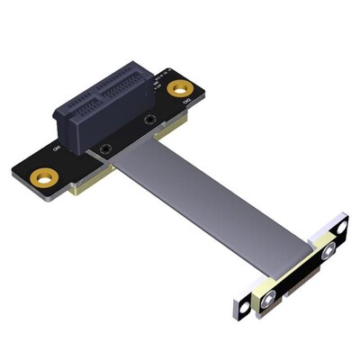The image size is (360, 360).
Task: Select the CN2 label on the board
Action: click(186, 106)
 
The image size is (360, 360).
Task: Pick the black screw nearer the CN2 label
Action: click(148, 119)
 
